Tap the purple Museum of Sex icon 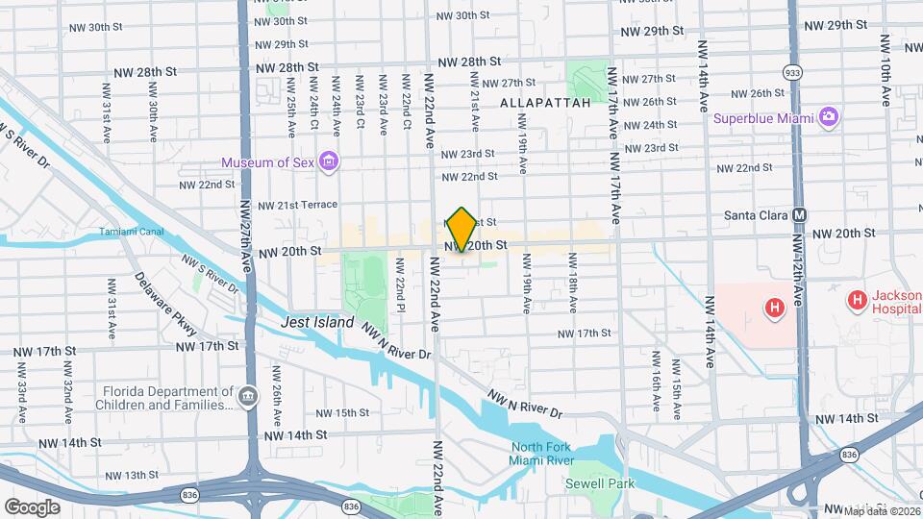pyautogui.click(x=329, y=161)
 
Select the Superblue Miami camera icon pyautogui.click(x=828, y=117)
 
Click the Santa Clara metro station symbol pyautogui.click(x=800, y=215)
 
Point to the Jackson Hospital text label pyautogui.click(x=884, y=306)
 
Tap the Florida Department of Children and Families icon pyautogui.click(x=248, y=396)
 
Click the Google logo pyautogui.click(x=32, y=507)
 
